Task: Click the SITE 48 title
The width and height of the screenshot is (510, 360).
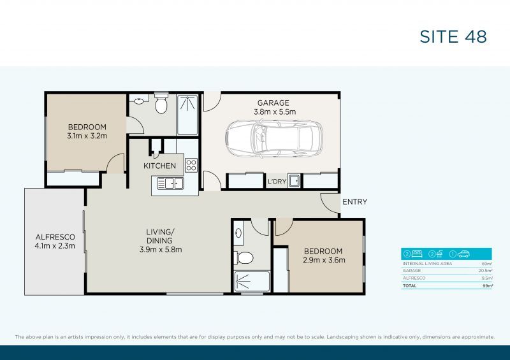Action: pyautogui.click(x=453, y=36)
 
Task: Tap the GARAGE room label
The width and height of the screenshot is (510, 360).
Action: pyautogui.click(x=273, y=103)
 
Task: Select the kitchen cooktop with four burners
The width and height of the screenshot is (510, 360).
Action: pyautogui.click(x=191, y=166)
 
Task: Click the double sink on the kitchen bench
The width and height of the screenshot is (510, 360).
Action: pyautogui.click(x=170, y=184)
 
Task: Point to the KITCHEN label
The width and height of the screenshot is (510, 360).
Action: pyautogui.click(x=159, y=166)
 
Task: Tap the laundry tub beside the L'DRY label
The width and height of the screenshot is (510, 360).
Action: pyautogui.click(x=294, y=181)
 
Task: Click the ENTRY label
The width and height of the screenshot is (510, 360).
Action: pyautogui.click(x=354, y=202)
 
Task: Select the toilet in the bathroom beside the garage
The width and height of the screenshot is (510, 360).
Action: pyautogui.click(x=161, y=104)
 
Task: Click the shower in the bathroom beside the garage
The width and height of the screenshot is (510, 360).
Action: pyautogui.click(x=187, y=115)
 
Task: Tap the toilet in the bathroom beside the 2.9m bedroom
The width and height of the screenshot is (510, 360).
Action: pyautogui.click(x=244, y=257)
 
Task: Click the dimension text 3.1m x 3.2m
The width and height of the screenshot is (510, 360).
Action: pyautogui.click(x=87, y=136)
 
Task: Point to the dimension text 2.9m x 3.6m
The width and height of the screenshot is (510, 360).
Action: pyautogui.click(x=323, y=260)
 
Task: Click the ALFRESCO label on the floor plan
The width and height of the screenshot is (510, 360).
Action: pyautogui.click(x=55, y=236)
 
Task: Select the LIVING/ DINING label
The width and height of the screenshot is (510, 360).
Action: pyautogui.click(x=161, y=240)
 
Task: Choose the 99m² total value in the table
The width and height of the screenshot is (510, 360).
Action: pyautogui.click(x=488, y=286)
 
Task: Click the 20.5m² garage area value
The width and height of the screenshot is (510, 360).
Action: pyautogui.click(x=486, y=271)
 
